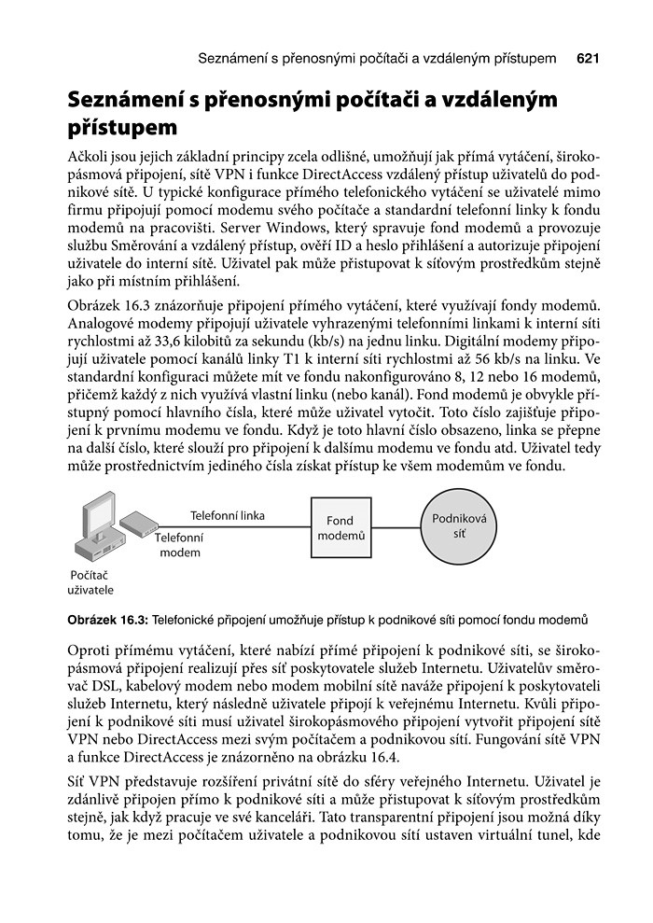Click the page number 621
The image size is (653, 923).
588,60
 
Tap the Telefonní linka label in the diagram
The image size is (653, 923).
228,515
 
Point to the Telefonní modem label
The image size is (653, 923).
180,545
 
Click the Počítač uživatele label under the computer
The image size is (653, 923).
90,583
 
